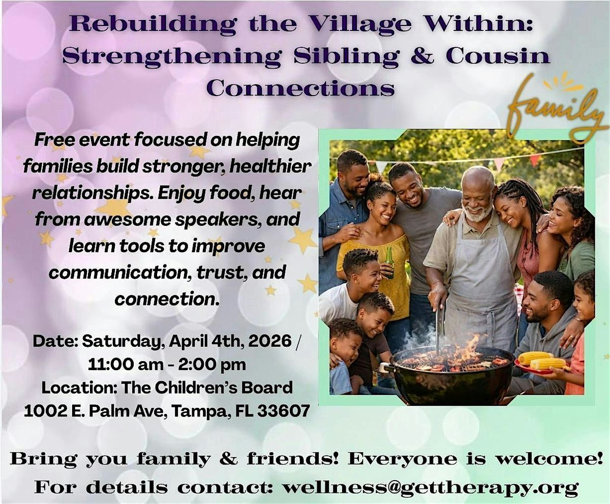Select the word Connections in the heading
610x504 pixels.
pos(301,87)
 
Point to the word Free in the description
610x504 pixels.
pos(52,140)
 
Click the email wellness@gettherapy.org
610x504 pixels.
pos(431,487)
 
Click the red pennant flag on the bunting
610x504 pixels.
pos(535,160)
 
